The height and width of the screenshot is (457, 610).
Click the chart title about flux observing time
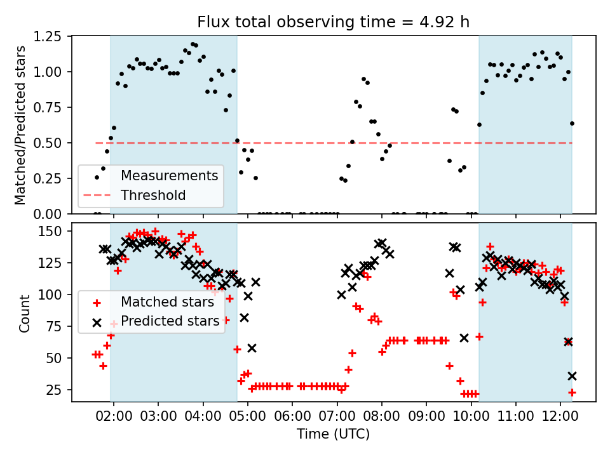(x=334, y=22)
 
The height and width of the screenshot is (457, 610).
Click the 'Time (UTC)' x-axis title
(x=334, y=434)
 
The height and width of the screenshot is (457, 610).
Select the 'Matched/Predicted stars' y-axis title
(x=21, y=125)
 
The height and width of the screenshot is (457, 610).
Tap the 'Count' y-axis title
(x=25, y=314)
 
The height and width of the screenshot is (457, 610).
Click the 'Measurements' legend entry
(x=170, y=175)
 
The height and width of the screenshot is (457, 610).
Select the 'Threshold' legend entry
(x=153, y=195)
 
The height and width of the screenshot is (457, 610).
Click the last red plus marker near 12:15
(x=572, y=392)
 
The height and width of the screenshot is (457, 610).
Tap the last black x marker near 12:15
(x=572, y=376)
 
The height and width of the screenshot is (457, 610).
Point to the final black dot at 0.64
(x=572, y=123)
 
